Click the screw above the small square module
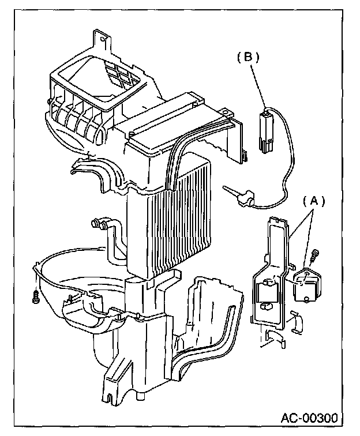pos(316,254)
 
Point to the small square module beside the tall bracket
pos(310,284)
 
